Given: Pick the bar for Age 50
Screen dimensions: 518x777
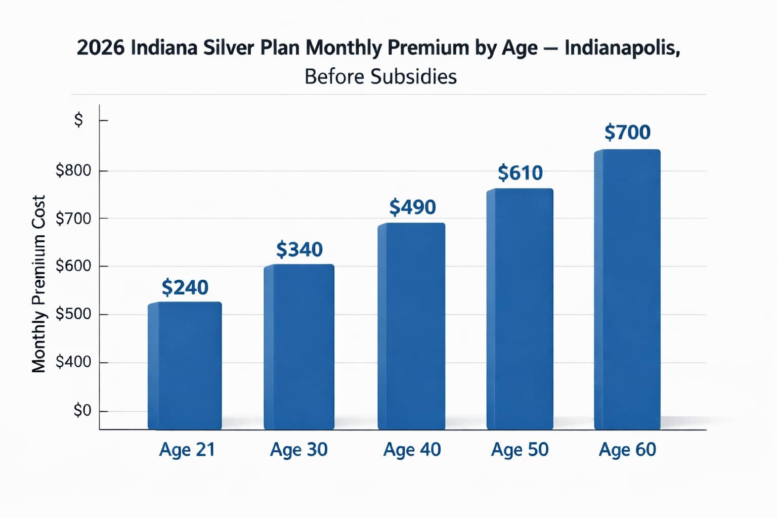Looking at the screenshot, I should tap(520, 309).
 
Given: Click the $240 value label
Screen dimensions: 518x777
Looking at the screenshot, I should tap(185, 287).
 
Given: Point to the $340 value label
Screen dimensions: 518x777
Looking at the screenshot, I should tap(299, 249).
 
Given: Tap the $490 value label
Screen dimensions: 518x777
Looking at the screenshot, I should tap(413, 207).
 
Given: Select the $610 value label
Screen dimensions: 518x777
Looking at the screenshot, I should tap(520, 173).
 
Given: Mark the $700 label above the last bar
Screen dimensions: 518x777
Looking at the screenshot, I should tap(627, 132).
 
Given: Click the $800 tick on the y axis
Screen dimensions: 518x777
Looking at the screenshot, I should tap(73, 170).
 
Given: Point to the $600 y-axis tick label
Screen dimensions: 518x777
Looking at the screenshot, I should tap(73, 266).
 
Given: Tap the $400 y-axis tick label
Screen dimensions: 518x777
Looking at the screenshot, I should tap(73, 362).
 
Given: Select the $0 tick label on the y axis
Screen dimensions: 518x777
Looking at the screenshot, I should tap(82, 410).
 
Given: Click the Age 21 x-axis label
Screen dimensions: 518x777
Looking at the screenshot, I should tap(187, 449).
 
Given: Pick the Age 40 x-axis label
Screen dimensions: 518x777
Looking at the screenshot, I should tap(412, 449).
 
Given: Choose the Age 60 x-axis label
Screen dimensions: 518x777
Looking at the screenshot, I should tap(627, 449).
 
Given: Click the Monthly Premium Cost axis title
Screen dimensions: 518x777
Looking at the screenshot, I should tap(39, 284).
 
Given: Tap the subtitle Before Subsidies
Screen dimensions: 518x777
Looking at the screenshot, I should tap(380, 77).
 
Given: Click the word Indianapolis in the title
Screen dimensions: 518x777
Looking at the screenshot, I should tap(622, 48).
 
